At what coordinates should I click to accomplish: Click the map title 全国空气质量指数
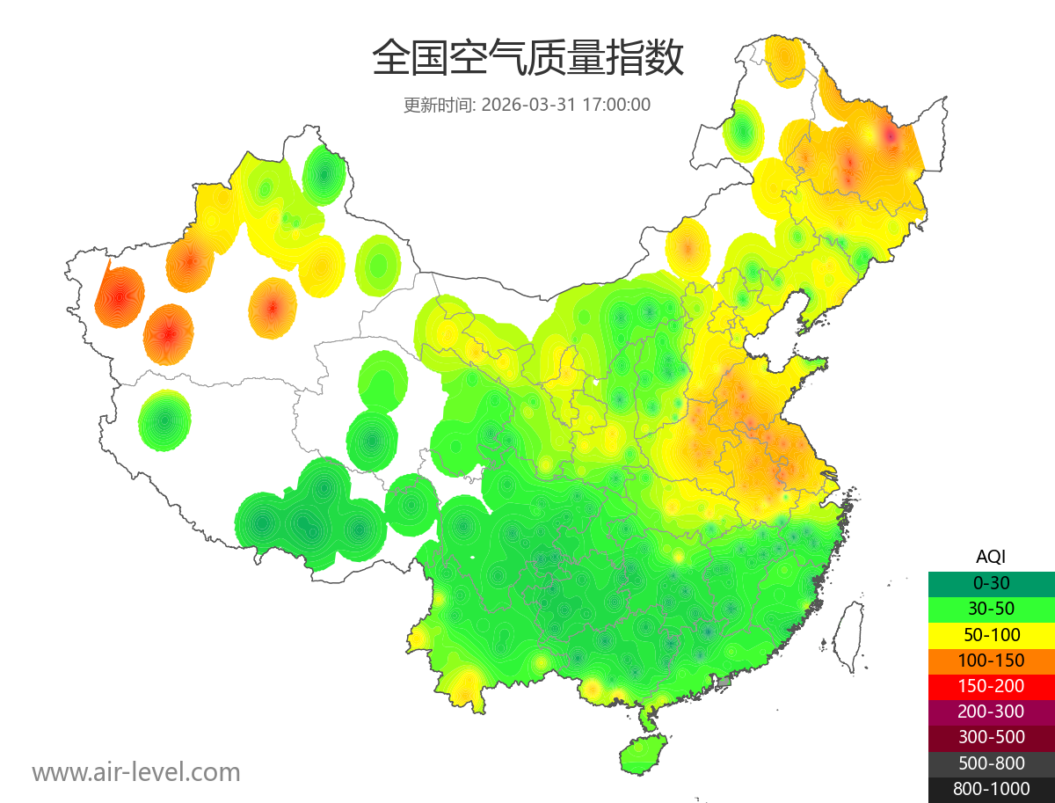click(527, 59)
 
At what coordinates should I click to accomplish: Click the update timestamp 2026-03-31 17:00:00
click(566, 105)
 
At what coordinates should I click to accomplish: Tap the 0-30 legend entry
click(991, 582)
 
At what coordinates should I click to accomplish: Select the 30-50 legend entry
click(991, 608)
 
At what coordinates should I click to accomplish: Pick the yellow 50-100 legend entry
click(991, 634)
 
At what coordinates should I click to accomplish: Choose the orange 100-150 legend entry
click(991, 660)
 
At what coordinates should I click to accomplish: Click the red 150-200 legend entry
click(991, 685)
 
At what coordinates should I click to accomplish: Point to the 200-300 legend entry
click(991, 712)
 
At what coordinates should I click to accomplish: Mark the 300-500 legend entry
click(991, 737)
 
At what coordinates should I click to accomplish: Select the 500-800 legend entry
click(991, 763)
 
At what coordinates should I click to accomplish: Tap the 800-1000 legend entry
click(991, 789)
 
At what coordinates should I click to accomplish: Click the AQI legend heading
click(991, 556)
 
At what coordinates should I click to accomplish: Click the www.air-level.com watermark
click(136, 772)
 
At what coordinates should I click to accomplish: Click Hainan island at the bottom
click(643, 755)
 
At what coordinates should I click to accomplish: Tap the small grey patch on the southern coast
click(724, 682)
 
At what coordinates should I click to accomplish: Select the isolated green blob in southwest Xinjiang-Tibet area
click(164, 420)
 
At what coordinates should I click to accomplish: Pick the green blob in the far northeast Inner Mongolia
click(744, 130)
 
